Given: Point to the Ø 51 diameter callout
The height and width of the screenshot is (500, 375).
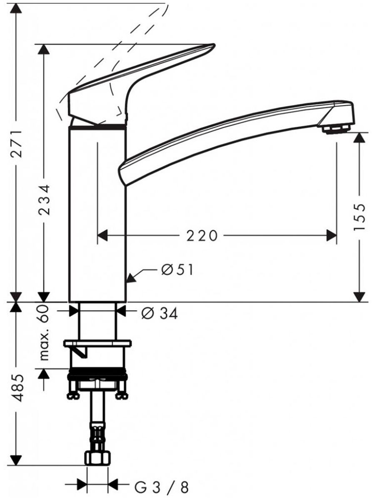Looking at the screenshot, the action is pyautogui.click(x=177, y=270).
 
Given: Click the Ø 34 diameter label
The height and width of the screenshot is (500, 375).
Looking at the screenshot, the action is pyautogui.click(x=160, y=314).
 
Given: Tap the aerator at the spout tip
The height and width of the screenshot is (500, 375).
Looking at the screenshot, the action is pyautogui.click(x=336, y=130).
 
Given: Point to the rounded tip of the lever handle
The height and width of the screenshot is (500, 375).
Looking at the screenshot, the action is pyautogui.click(x=212, y=46).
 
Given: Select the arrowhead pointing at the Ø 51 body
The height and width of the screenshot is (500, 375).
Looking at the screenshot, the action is pyautogui.click(x=131, y=277).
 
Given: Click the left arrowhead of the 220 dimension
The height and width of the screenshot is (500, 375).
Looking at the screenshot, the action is pyautogui.click(x=102, y=235).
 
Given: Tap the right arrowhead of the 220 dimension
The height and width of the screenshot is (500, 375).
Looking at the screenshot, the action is pyautogui.click(x=331, y=235).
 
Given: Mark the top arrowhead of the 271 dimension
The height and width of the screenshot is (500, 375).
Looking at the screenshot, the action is pyautogui.click(x=16, y=8).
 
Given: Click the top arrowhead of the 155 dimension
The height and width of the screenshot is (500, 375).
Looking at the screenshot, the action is pyautogui.click(x=360, y=137).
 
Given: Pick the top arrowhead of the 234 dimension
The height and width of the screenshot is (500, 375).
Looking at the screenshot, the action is pyautogui.click(x=44, y=49).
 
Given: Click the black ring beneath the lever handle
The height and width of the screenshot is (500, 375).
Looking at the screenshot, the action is pyautogui.click(x=98, y=127).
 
